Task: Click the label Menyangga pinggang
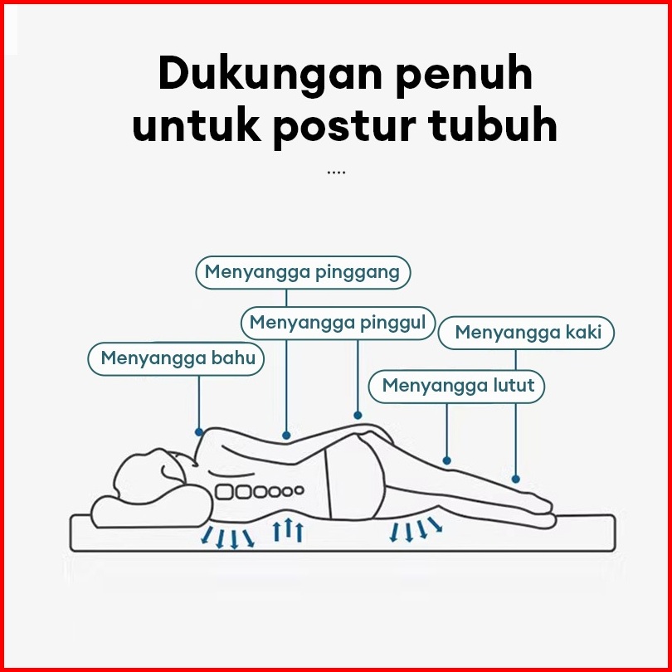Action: [x=303, y=272]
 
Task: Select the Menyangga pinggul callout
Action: [x=338, y=322]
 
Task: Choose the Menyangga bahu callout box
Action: [x=178, y=358]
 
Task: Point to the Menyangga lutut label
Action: [x=458, y=386]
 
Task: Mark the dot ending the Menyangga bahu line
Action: [x=199, y=432]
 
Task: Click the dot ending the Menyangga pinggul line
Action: [x=358, y=415]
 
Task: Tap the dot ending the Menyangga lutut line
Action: [x=447, y=460]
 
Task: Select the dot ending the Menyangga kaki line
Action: [x=515, y=479]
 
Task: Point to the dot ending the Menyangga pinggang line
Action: [x=286, y=434]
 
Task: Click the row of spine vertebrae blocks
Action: [x=257, y=492]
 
